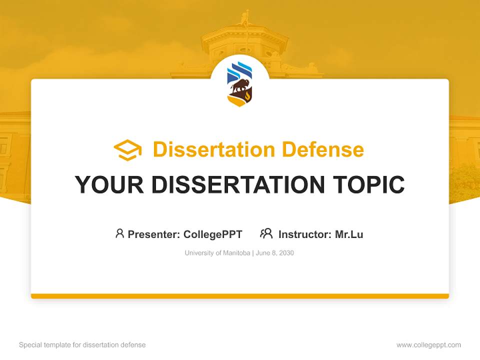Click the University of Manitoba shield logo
[x=239, y=84]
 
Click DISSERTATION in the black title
[x=238, y=185]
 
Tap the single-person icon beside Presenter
[x=119, y=233]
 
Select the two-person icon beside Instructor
[x=266, y=233]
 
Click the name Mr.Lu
[x=349, y=234]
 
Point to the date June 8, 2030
[x=275, y=253]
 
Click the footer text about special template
[x=82, y=345]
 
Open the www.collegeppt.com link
[x=428, y=345]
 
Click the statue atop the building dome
[x=244, y=18]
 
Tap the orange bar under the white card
[x=240, y=296]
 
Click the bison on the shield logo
[x=238, y=88]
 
